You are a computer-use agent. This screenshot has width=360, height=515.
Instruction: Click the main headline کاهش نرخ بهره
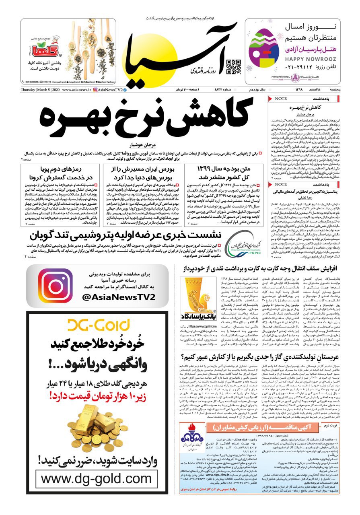143,117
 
